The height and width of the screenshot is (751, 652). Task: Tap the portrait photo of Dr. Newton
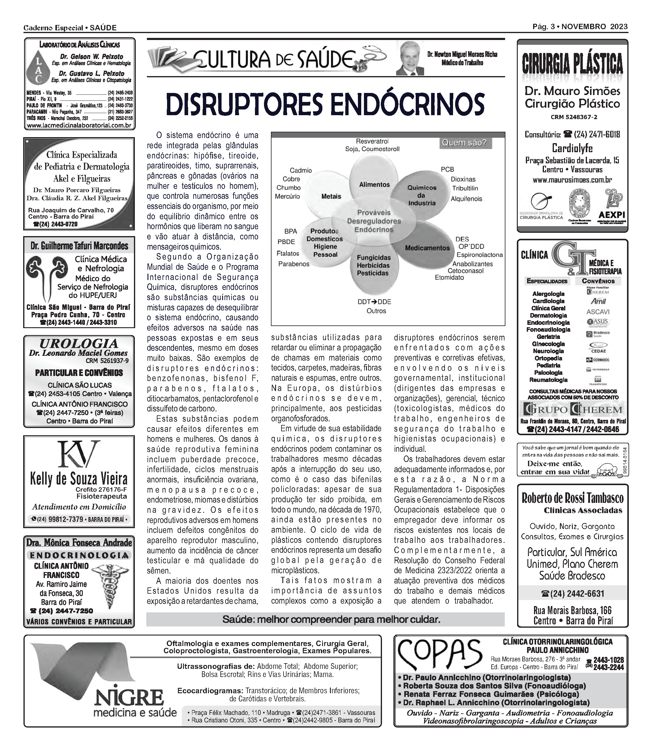tap(410, 58)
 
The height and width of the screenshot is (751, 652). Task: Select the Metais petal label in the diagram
tap(331, 197)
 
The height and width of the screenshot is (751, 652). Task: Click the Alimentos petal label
tap(374, 185)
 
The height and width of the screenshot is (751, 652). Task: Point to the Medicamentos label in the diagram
tap(427, 248)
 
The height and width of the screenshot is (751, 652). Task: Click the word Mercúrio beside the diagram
tap(287, 197)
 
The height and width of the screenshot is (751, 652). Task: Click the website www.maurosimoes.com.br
tap(572, 180)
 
